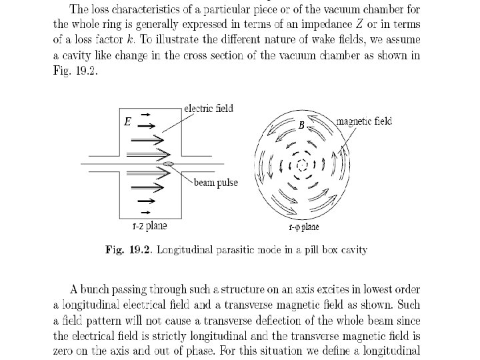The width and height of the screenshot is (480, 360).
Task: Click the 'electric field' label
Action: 208,108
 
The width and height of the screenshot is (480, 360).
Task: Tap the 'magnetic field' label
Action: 364,121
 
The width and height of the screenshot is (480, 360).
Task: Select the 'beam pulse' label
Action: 215,182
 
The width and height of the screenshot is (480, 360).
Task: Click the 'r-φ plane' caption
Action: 303,227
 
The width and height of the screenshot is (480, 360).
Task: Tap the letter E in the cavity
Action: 128,123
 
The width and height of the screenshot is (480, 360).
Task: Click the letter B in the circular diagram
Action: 301,125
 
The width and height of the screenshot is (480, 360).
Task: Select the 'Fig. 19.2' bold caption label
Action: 127,250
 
